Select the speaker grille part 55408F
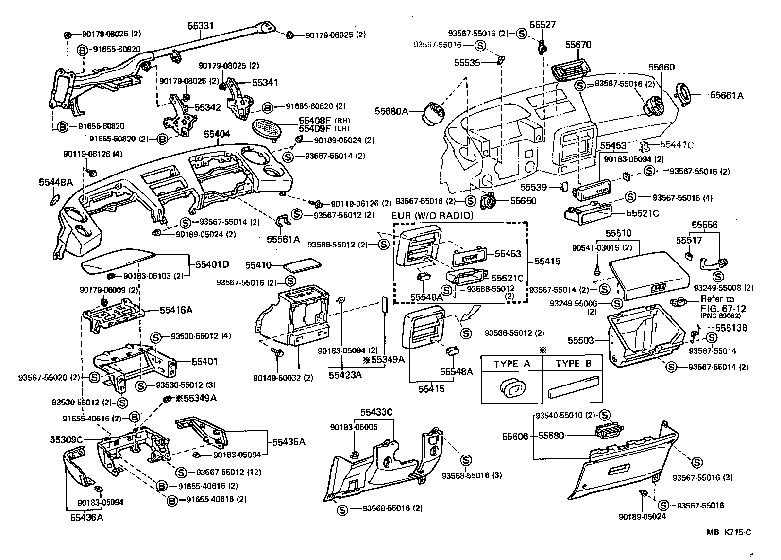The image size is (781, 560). click(269, 128)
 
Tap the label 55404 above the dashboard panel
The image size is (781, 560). click(217, 134)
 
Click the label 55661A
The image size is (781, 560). click(727, 96)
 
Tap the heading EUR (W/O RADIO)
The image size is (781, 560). click(432, 216)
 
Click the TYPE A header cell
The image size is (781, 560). click(512, 364)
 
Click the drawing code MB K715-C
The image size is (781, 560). click(729, 532)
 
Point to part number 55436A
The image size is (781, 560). click(86, 517)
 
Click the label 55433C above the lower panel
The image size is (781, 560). click(376, 413)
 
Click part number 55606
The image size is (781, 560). click(515, 437)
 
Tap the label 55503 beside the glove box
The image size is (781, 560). click(581, 341)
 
